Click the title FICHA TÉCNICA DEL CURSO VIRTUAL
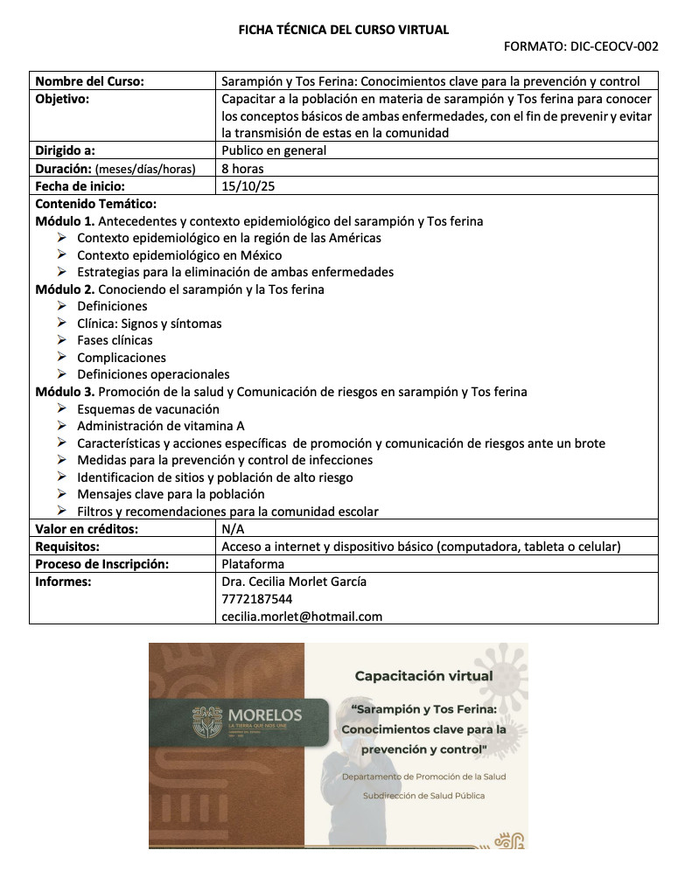click(344, 30)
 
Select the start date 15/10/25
click(243, 185)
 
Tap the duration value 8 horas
click(242, 168)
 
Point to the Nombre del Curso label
click(89, 81)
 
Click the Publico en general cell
click(274, 150)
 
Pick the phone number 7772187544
click(257, 599)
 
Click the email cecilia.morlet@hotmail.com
click(302, 616)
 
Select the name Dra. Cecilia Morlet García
click(294, 582)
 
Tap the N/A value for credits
click(234, 530)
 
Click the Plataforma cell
click(253, 564)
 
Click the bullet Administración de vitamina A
click(160, 426)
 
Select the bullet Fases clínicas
click(115, 340)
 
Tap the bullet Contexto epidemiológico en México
click(179, 255)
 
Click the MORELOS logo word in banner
click(264, 715)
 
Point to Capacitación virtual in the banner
click(423, 676)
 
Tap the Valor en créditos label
click(87, 530)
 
